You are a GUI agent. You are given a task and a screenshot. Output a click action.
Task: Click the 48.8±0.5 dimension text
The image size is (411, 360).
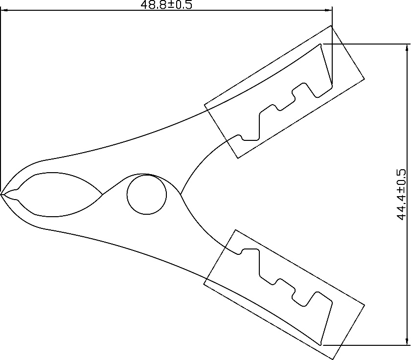[166, 4]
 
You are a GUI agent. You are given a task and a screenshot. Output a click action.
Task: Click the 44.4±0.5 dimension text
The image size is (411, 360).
[401, 195]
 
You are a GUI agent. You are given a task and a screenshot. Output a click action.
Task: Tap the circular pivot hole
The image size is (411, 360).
[146, 195]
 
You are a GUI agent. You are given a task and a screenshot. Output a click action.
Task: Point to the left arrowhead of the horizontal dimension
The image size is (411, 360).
[4, 10]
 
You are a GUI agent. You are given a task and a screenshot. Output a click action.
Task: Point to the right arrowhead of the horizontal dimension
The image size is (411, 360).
[328, 10]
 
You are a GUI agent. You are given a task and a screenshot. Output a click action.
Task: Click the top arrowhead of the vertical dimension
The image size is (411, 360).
[407, 47]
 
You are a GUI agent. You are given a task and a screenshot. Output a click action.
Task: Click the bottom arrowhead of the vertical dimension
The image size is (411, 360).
[407, 342]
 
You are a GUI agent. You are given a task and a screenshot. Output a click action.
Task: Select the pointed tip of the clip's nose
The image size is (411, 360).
[1, 194]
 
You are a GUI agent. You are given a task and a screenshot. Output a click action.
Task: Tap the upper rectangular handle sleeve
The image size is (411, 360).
[284, 91]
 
